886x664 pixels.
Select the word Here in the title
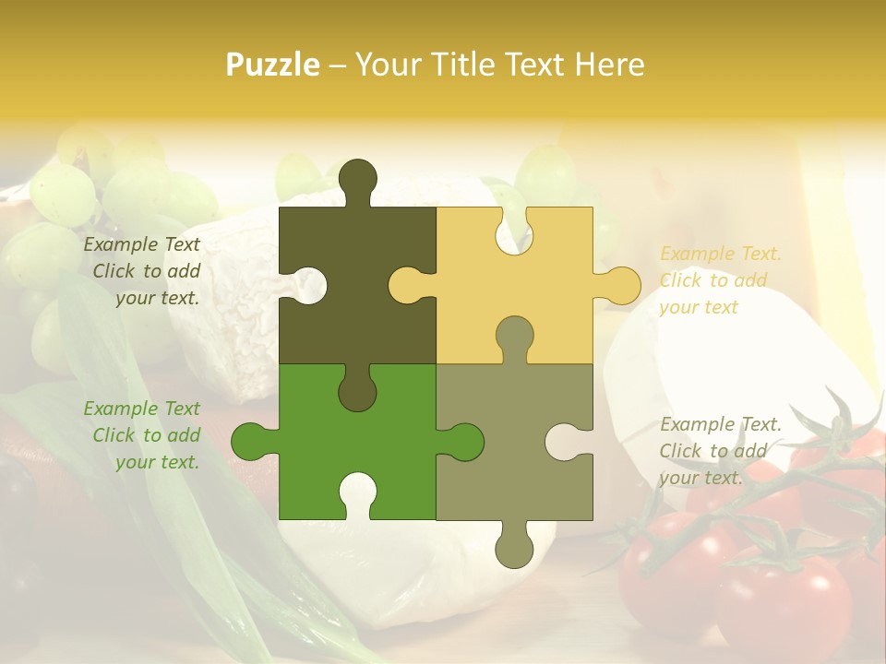pos(609,65)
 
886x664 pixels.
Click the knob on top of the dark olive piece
pos(357,180)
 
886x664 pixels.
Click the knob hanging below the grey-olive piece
pos(514,549)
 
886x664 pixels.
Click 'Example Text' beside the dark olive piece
pos(141,245)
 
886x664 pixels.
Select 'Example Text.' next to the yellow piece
pos(721,254)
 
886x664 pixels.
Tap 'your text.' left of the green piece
pos(157,463)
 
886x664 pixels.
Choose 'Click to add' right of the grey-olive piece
pos(712,451)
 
